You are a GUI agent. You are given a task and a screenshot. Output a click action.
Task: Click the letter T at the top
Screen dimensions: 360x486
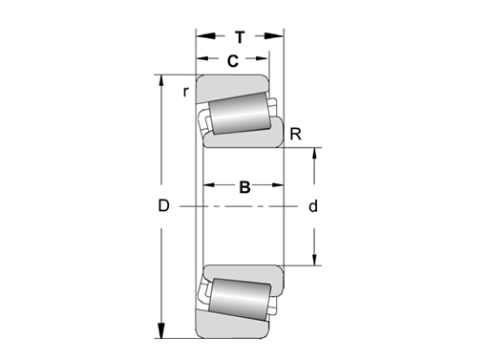pyautogui.click(x=240, y=37)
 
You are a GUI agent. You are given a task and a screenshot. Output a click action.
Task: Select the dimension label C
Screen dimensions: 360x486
pyautogui.click(x=232, y=62)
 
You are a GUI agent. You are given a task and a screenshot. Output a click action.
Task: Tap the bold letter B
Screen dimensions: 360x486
pyautogui.click(x=244, y=187)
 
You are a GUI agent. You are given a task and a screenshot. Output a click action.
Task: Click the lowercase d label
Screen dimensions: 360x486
pyautogui.click(x=312, y=206)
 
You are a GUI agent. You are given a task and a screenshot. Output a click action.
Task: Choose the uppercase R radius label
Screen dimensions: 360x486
pyautogui.click(x=296, y=135)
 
